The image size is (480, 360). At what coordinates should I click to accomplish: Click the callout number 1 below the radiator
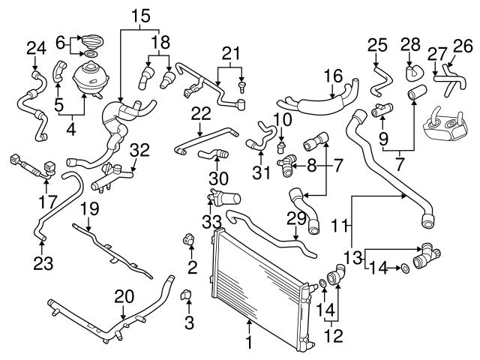tap(249, 346)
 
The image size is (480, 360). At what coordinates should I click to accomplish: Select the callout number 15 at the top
tap(140, 14)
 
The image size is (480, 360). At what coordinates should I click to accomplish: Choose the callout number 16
tap(332, 75)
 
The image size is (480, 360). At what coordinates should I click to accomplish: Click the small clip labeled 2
tap(188, 241)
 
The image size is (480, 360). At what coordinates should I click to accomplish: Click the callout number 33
tap(211, 223)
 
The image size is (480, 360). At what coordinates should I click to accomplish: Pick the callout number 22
tap(200, 112)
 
